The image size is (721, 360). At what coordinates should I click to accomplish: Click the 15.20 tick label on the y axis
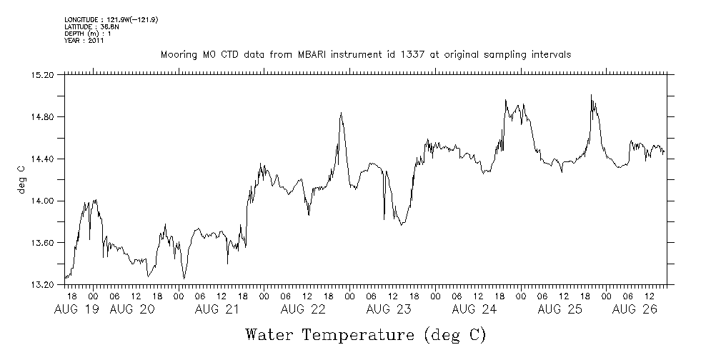(x=44, y=74)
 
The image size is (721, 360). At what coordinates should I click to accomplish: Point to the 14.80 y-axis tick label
(x=44, y=116)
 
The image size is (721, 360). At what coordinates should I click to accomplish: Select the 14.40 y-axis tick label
(x=44, y=159)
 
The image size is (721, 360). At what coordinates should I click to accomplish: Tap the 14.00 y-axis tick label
(x=44, y=201)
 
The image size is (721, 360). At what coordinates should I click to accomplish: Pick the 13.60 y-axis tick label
(x=44, y=243)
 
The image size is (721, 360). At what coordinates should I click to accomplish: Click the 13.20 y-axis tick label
(x=44, y=285)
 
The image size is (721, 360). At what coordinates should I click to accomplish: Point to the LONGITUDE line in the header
(x=111, y=19)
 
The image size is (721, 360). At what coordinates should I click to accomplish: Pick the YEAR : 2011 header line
(x=84, y=41)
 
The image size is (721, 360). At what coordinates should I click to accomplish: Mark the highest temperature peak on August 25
(x=591, y=95)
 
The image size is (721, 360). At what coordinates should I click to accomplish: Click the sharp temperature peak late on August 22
(x=341, y=112)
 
